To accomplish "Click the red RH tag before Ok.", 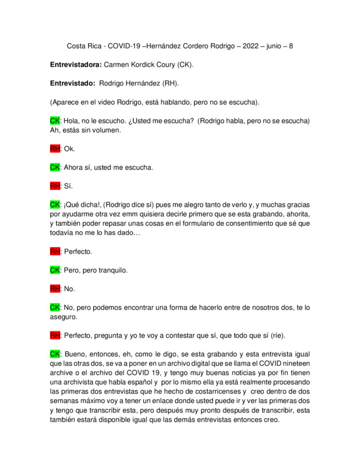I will [x=55, y=149].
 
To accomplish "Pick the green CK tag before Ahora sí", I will [x=55, y=167].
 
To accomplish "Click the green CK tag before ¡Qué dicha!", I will [x=55, y=205].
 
